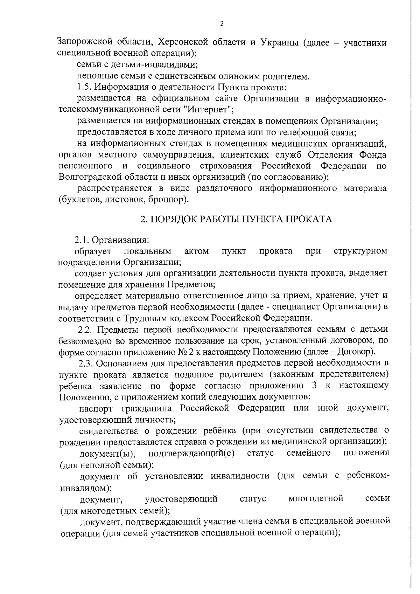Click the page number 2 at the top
[221, 24]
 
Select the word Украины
[279, 42]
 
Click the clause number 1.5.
[84, 87]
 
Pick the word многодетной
[316, 498]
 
